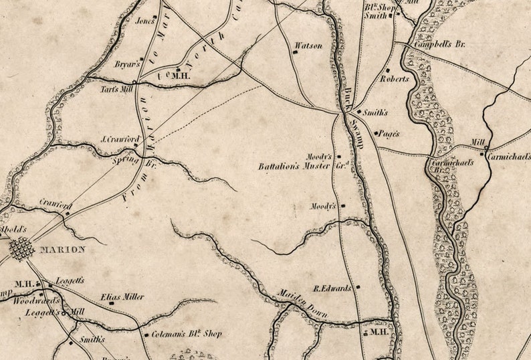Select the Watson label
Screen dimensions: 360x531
pos(308,46)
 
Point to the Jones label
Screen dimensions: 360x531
pos(144,21)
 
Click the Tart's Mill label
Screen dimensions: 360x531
pos(116,88)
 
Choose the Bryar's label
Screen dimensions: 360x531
pos(127,64)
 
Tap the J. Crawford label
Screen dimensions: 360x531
pos(119,140)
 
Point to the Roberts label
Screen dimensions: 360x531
pos(394,78)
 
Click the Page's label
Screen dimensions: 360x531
pos(388,133)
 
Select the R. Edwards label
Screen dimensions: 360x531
pos(332,288)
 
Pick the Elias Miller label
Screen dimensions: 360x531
pos(122,296)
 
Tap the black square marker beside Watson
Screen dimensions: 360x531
pos(295,52)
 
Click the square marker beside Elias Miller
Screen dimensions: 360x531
pos(111,302)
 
